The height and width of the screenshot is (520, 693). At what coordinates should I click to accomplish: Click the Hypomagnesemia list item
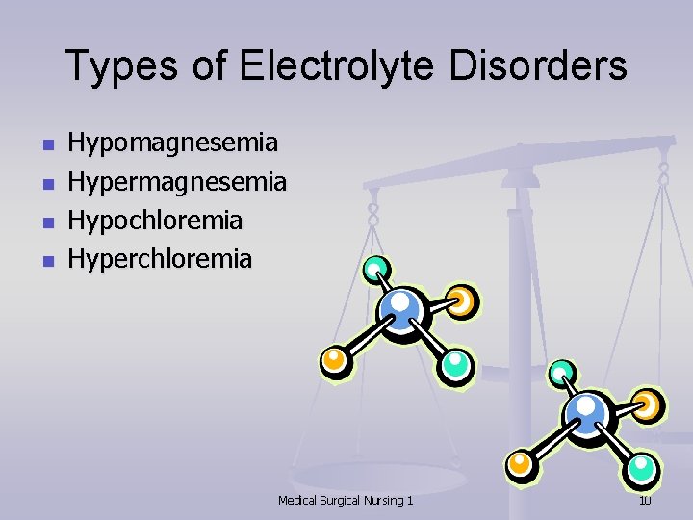pos(173,144)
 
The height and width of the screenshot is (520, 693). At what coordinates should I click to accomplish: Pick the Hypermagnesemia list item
pos(177,182)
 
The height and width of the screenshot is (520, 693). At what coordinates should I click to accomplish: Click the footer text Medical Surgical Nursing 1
pos(346,500)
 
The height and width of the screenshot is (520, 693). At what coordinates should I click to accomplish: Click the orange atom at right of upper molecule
pos(462,301)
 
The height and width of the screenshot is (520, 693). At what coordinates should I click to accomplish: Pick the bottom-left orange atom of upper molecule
pos(334,360)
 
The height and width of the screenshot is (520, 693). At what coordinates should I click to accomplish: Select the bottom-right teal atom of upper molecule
pos(456,365)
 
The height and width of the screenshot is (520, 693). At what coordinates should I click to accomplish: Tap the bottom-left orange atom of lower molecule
pos(522,463)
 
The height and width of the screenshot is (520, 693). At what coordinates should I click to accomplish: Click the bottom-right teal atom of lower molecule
pos(642,469)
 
